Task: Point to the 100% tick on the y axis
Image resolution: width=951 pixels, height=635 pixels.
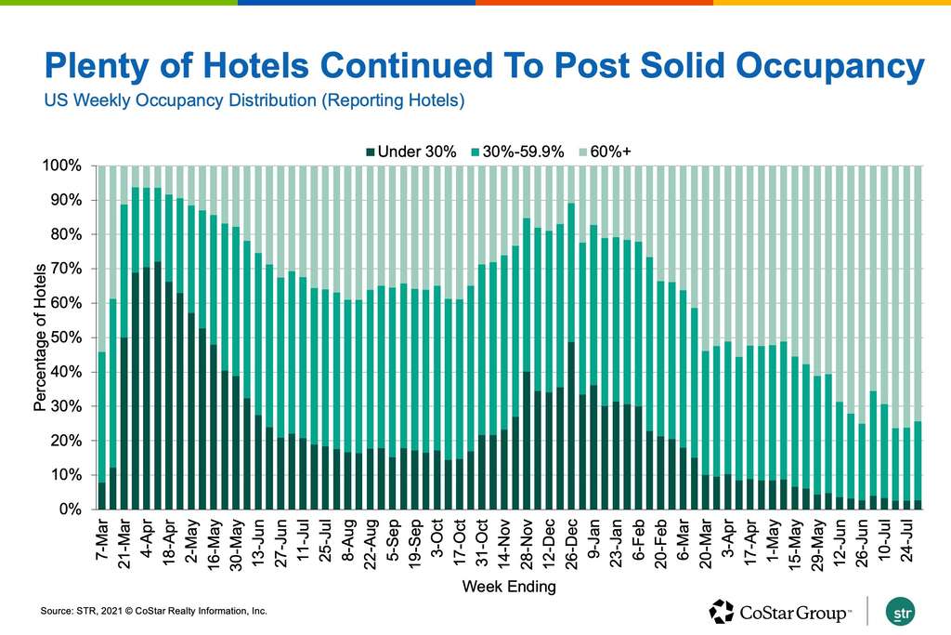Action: [x=64, y=165]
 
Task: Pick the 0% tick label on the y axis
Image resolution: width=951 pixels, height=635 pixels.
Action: [x=71, y=509]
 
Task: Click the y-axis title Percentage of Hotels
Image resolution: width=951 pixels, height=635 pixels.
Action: [x=38, y=337]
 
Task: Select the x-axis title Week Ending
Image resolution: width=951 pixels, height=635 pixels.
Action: [x=509, y=588]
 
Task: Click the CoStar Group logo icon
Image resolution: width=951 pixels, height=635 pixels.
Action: [x=722, y=611]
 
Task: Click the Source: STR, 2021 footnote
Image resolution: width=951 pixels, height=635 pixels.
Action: [x=153, y=611]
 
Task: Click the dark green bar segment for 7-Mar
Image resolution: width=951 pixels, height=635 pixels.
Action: [x=102, y=496]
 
